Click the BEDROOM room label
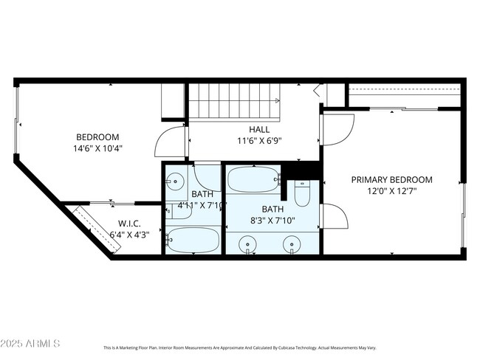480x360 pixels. (x=98, y=136)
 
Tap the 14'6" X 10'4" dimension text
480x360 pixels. (x=98, y=148)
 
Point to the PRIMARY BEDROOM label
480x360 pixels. (x=391, y=179)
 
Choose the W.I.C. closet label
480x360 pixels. (x=129, y=224)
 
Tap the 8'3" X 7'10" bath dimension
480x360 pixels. (x=272, y=220)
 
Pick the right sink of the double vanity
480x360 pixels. (x=294, y=243)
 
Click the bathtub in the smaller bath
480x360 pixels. (x=192, y=240)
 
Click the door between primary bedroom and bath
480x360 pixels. (x=334, y=218)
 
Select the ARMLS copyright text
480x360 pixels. (x=31, y=345)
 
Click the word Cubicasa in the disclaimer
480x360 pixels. (x=309, y=347)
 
